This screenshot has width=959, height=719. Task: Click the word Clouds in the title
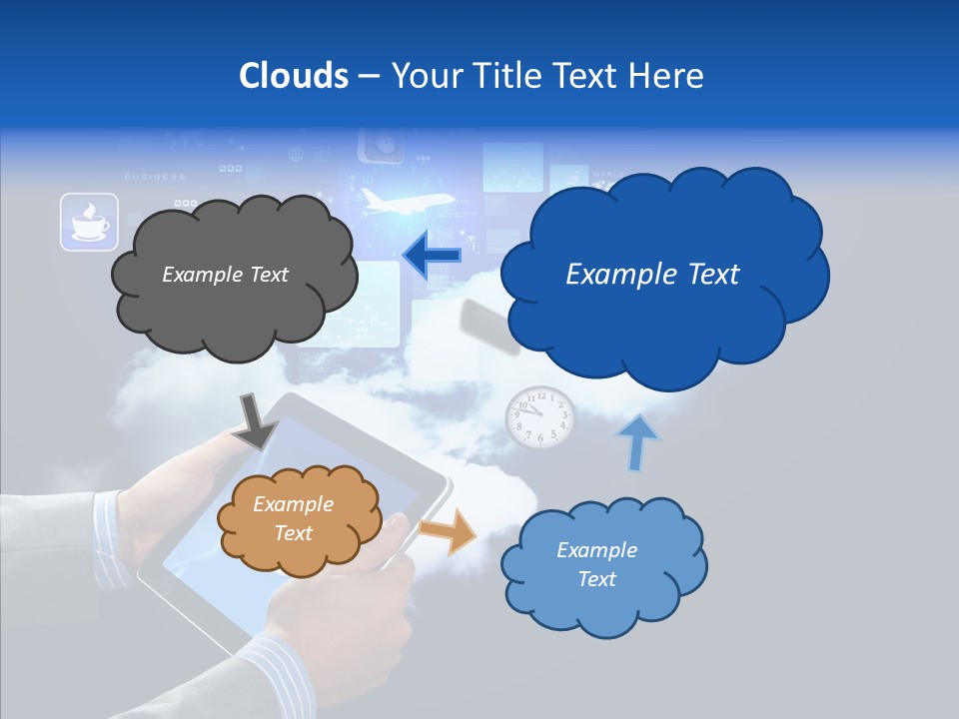click(x=293, y=76)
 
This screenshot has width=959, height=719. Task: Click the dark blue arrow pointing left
click(x=431, y=256)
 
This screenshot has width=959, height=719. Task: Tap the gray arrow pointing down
click(x=256, y=422)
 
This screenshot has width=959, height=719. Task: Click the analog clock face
click(x=539, y=417)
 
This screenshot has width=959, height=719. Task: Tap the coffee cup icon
click(x=90, y=222)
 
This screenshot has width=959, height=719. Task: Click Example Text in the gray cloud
click(x=225, y=275)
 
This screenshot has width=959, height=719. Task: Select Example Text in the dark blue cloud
click(x=652, y=275)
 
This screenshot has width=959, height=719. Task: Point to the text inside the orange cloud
click(x=293, y=519)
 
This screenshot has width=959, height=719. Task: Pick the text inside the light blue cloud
click(x=596, y=564)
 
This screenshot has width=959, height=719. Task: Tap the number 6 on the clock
click(x=540, y=438)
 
